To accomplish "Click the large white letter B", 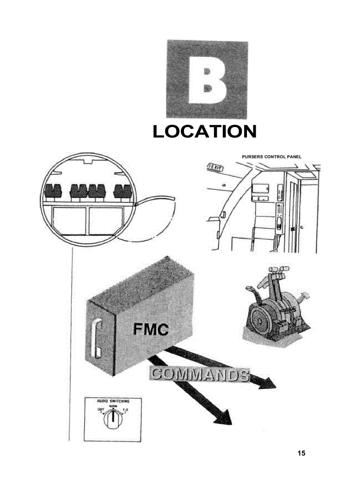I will [207, 80].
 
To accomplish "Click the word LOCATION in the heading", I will [204, 132].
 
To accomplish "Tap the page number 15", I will [301, 453].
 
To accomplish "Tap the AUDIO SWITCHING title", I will [113, 402].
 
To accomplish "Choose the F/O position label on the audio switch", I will [125, 410].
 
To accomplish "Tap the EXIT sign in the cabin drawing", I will [215, 167].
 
